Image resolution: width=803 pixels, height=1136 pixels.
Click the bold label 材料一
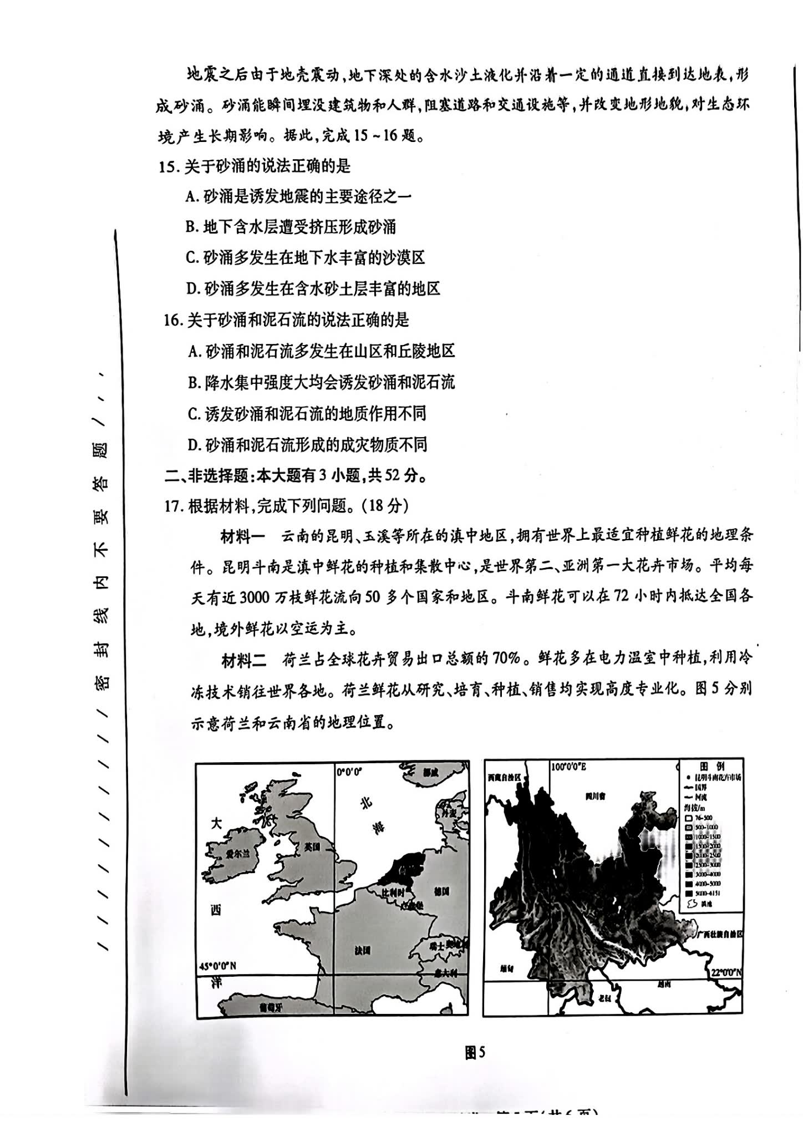tap(243, 537)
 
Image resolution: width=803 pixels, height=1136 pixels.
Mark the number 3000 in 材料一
tap(255, 598)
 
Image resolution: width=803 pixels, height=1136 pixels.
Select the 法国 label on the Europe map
tap(362, 950)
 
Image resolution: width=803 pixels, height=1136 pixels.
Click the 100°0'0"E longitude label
tap(569, 767)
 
